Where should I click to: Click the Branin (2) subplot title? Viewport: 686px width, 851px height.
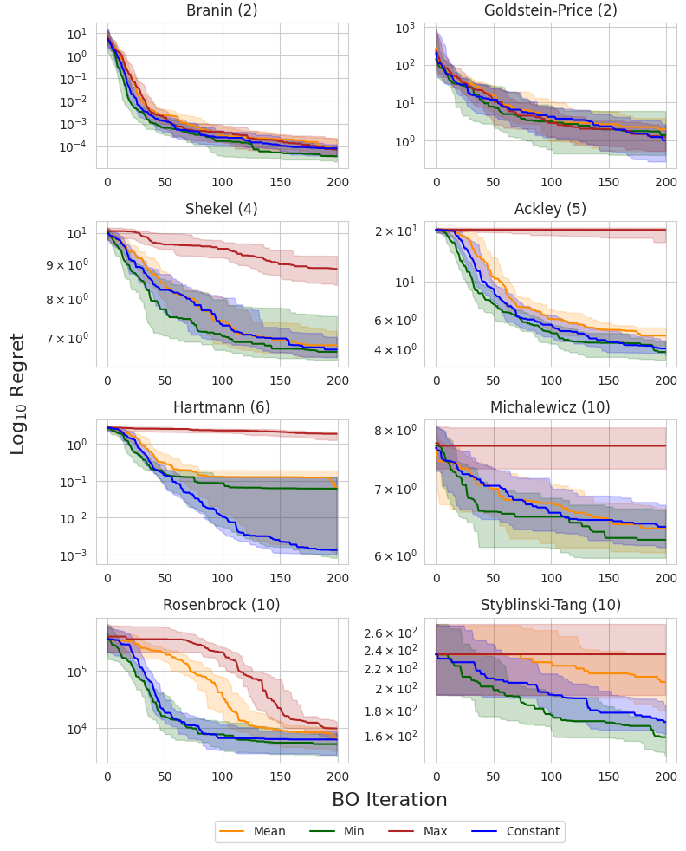222,11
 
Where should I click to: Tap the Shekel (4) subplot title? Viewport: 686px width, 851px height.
222,209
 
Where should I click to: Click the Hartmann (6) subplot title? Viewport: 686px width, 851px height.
222,407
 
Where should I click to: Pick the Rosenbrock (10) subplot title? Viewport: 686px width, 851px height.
222,605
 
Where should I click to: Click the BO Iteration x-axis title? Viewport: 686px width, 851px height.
390,800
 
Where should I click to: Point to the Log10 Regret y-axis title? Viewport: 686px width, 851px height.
18,393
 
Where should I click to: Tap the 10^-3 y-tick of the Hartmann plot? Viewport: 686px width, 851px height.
75,555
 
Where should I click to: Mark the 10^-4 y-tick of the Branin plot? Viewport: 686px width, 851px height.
75,147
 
